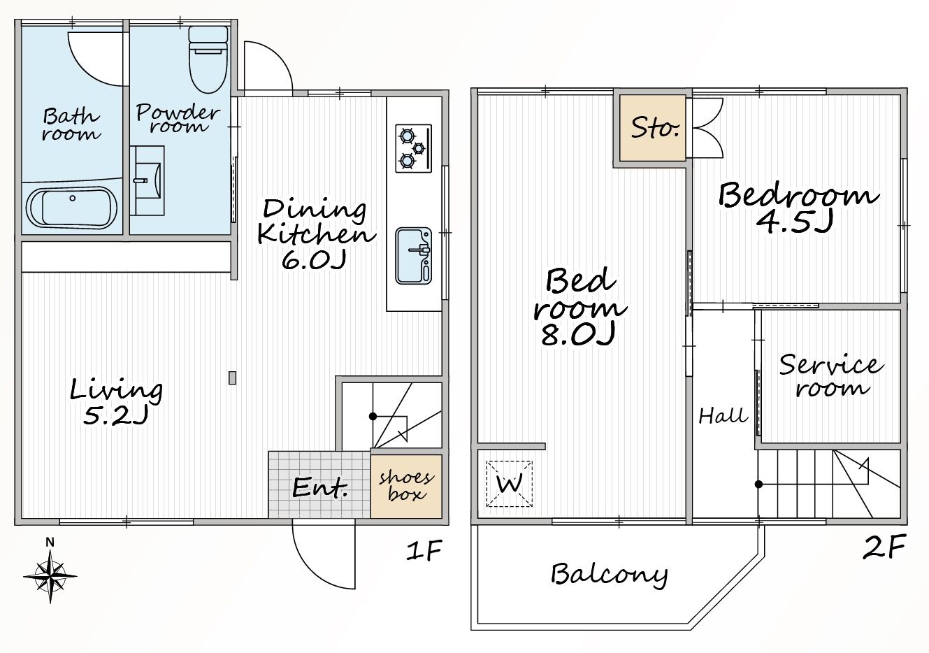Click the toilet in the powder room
[x=208, y=59]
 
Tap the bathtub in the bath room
[x=72, y=208]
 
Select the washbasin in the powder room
[x=147, y=180]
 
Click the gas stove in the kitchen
[x=414, y=148]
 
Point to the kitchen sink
[x=414, y=256]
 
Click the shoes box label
[x=406, y=485]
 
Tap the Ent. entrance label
[x=319, y=488]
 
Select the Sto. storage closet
[x=652, y=128]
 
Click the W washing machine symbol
[x=510, y=484]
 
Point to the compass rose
[x=50, y=576]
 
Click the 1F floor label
[x=424, y=550]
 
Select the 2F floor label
[x=884, y=546]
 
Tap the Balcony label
[x=610, y=575]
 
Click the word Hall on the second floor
[x=723, y=416]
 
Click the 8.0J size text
[x=577, y=334]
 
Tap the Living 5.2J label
[x=116, y=401]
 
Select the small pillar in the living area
[x=232, y=378]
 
